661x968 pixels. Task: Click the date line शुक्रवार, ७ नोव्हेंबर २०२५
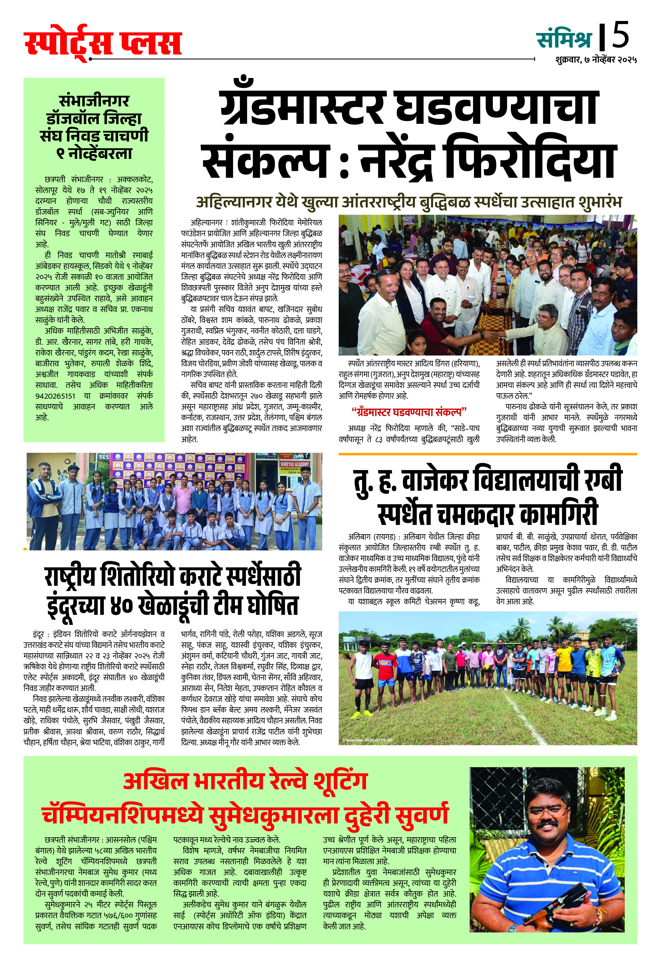[x=596, y=60]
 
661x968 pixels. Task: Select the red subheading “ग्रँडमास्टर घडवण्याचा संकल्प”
[x=409, y=412]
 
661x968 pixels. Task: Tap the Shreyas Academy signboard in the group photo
[x=294, y=463]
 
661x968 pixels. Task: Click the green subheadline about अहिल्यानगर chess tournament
[x=409, y=202]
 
